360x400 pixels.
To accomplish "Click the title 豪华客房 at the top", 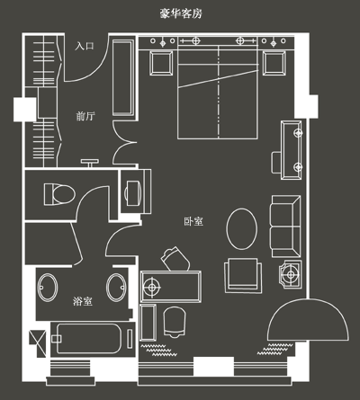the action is tap(181, 13).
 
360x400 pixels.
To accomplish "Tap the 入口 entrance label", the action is tap(85, 46).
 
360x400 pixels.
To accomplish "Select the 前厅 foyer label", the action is tap(85, 116).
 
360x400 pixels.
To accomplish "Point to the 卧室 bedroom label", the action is tap(193, 221).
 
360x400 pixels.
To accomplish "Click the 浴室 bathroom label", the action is tap(83, 301).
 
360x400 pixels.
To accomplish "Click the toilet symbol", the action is tap(59, 194).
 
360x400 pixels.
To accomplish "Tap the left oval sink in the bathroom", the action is tap(48, 287).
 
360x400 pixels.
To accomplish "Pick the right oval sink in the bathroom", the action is tap(117, 287).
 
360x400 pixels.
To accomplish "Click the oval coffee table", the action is tap(241, 229).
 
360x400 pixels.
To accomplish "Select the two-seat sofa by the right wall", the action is tap(286, 227).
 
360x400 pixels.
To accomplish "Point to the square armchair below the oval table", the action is tap(243, 276).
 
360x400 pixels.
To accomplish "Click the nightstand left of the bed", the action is tap(161, 63).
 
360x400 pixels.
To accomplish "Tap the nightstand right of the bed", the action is tap(274, 63).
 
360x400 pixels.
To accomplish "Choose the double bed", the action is tap(218, 92).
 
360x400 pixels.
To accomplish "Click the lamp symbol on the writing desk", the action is tap(152, 287).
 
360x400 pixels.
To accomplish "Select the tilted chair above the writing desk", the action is tap(175, 259).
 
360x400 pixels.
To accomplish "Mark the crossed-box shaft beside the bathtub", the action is tap(38, 343).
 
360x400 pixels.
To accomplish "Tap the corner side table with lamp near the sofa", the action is tap(291, 274).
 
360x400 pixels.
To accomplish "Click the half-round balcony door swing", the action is tap(308, 320).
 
